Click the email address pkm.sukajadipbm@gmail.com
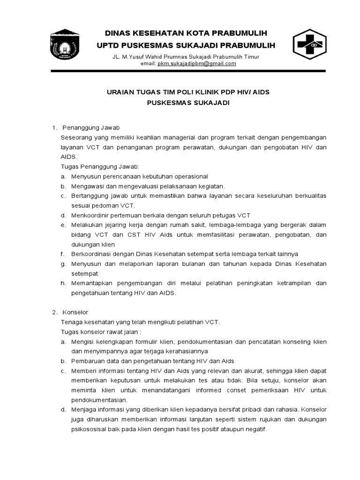pos(197,64)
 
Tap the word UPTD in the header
pos(108,45)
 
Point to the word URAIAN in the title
pos(121,92)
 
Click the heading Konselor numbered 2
pos(75,312)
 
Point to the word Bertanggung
pos(90,196)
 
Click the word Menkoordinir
pos(90,215)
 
